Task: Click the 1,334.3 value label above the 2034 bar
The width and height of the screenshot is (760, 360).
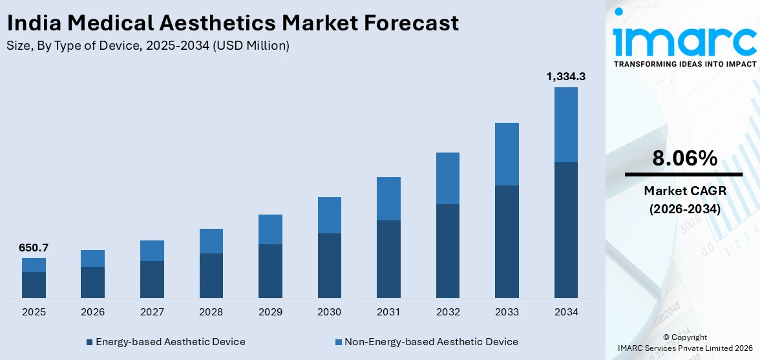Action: click(565, 77)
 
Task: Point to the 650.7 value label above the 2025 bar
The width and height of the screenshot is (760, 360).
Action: click(34, 248)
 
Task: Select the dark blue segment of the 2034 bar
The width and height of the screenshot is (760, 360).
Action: click(565, 229)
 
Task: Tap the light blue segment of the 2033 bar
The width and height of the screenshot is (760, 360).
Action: click(507, 154)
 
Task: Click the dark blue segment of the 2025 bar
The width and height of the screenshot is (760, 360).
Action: click(34, 284)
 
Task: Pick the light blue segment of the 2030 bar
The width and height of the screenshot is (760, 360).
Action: click(329, 215)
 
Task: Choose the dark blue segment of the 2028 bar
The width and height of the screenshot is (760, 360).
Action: click(211, 275)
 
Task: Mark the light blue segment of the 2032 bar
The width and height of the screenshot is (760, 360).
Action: click(447, 178)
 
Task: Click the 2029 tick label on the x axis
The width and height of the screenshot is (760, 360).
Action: click(270, 312)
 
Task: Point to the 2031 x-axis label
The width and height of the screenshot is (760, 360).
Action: click(388, 312)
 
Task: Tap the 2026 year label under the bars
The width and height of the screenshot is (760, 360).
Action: click(92, 312)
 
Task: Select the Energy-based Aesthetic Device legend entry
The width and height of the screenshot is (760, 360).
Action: click(165, 341)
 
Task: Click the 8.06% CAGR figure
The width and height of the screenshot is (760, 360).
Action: click(684, 158)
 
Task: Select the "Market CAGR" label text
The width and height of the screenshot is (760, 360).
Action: click(684, 191)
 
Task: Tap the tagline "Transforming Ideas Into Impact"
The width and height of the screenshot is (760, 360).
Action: click(684, 64)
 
